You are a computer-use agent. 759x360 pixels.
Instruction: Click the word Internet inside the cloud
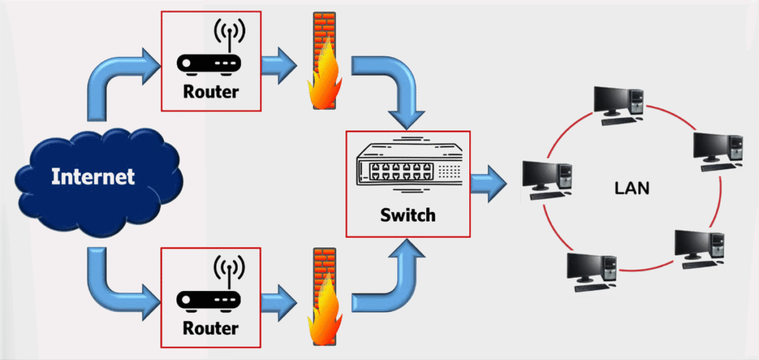93,177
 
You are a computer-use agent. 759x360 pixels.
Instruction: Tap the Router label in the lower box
211,327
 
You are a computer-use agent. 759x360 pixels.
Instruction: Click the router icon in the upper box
211,56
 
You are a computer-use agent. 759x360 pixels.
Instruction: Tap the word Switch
408,216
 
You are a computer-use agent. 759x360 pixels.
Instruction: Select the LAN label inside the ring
632,188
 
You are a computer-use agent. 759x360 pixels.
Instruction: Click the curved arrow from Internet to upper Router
111,81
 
